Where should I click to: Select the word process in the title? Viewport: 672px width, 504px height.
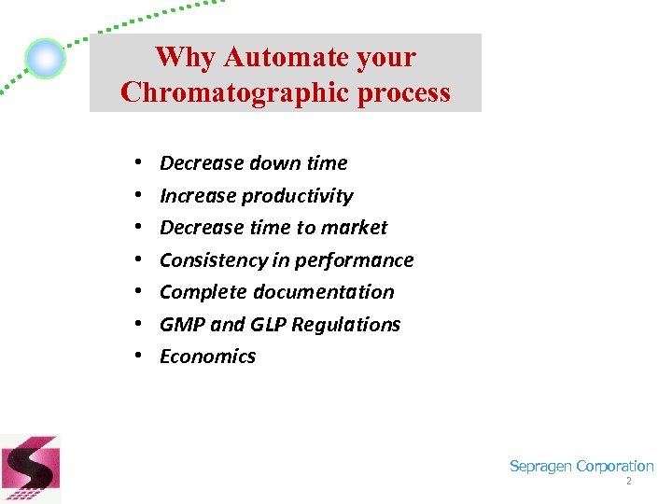pos(405,92)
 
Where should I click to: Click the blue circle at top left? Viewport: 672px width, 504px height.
pos(45,59)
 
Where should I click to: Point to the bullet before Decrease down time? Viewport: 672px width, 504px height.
pos(137,163)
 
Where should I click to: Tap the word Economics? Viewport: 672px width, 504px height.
pos(207,357)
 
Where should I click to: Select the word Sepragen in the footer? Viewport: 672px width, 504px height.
pos(540,467)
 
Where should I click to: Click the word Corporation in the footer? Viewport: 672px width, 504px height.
pos(615,467)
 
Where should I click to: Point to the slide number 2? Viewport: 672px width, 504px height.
pos(628,482)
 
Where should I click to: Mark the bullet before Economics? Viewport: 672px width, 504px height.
pos(137,357)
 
